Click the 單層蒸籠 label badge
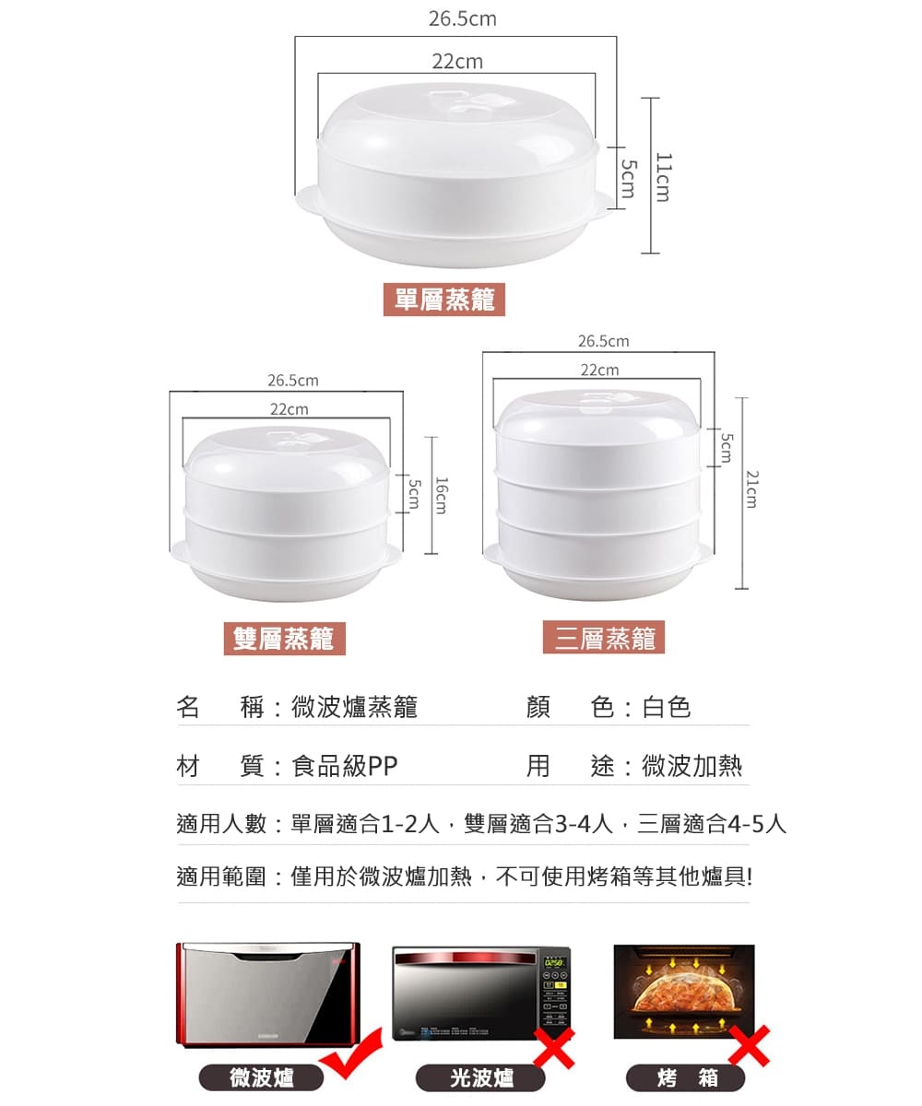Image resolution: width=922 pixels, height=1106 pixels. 444,300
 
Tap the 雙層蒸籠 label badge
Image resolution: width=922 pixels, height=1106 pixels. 285,639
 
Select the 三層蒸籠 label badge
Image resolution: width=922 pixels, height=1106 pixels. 604,637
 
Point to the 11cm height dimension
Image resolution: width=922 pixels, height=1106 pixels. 664,178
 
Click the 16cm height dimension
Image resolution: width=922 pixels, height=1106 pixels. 441,496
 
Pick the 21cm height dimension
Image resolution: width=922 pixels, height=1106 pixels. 751,489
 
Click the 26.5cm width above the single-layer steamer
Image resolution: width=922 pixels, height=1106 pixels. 463,19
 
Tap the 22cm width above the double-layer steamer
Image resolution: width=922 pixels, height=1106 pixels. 289,409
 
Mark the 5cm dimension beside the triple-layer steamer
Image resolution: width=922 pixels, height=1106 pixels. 727,448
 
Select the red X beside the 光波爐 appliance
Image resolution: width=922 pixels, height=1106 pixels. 553,1049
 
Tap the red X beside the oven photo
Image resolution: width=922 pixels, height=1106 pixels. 749,1045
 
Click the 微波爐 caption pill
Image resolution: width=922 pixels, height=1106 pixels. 261,1077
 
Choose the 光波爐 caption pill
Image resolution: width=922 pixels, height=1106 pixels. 480,1078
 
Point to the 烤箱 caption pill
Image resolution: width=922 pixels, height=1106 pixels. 685,1078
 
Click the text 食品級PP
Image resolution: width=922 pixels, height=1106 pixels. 345,766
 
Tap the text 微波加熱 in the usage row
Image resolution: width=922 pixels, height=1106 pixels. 691,766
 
